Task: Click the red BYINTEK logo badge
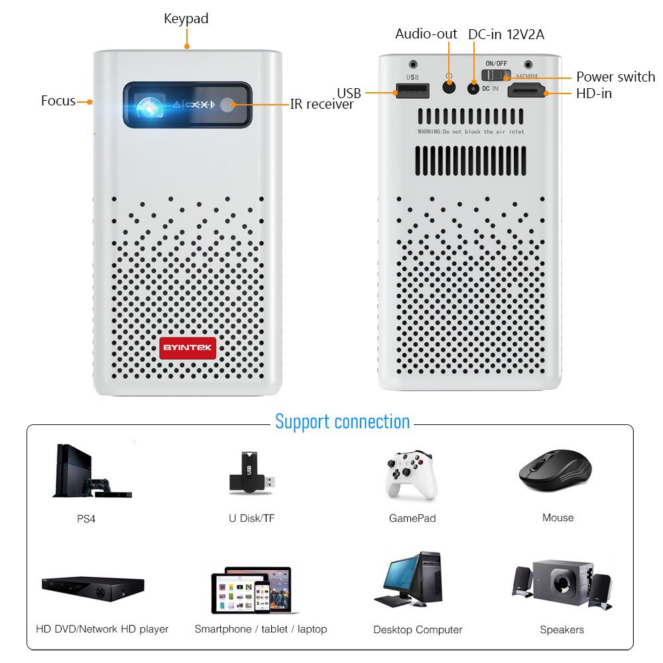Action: click(x=188, y=348)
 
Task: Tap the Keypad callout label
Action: click(x=186, y=19)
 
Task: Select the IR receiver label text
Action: click(x=322, y=104)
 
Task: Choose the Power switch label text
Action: click(x=615, y=77)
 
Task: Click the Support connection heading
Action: click(x=342, y=422)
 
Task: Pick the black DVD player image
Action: click(x=93, y=587)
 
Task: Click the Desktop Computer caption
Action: click(x=418, y=630)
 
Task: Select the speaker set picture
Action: click(x=562, y=584)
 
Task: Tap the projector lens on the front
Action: click(x=150, y=105)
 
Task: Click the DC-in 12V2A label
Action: click(x=506, y=34)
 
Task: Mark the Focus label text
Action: click(x=58, y=101)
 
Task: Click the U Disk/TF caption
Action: click(x=252, y=518)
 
